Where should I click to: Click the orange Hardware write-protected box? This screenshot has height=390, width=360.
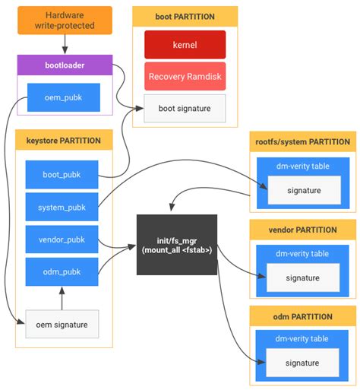click(65, 21)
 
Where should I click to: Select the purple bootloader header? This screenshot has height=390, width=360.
click(65, 65)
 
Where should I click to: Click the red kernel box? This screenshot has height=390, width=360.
click(185, 45)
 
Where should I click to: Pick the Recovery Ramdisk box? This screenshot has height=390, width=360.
click(185, 77)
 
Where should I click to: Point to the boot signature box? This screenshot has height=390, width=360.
click(185, 108)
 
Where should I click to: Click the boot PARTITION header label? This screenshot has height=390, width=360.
click(185, 16)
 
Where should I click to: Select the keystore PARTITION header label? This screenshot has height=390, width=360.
click(65, 141)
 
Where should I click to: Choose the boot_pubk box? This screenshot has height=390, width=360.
click(62, 175)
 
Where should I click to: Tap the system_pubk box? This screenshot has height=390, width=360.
click(62, 208)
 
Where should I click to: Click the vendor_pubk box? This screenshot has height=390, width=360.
click(62, 239)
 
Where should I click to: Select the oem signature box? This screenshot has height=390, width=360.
click(62, 325)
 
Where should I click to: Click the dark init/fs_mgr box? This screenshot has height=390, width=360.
click(177, 246)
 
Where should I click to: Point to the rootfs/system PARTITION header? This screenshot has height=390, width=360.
click(302, 142)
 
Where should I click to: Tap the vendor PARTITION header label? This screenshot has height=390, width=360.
click(302, 230)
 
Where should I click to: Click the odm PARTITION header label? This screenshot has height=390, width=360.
click(302, 317)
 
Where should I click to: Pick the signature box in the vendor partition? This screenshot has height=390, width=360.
click(302, 277)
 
